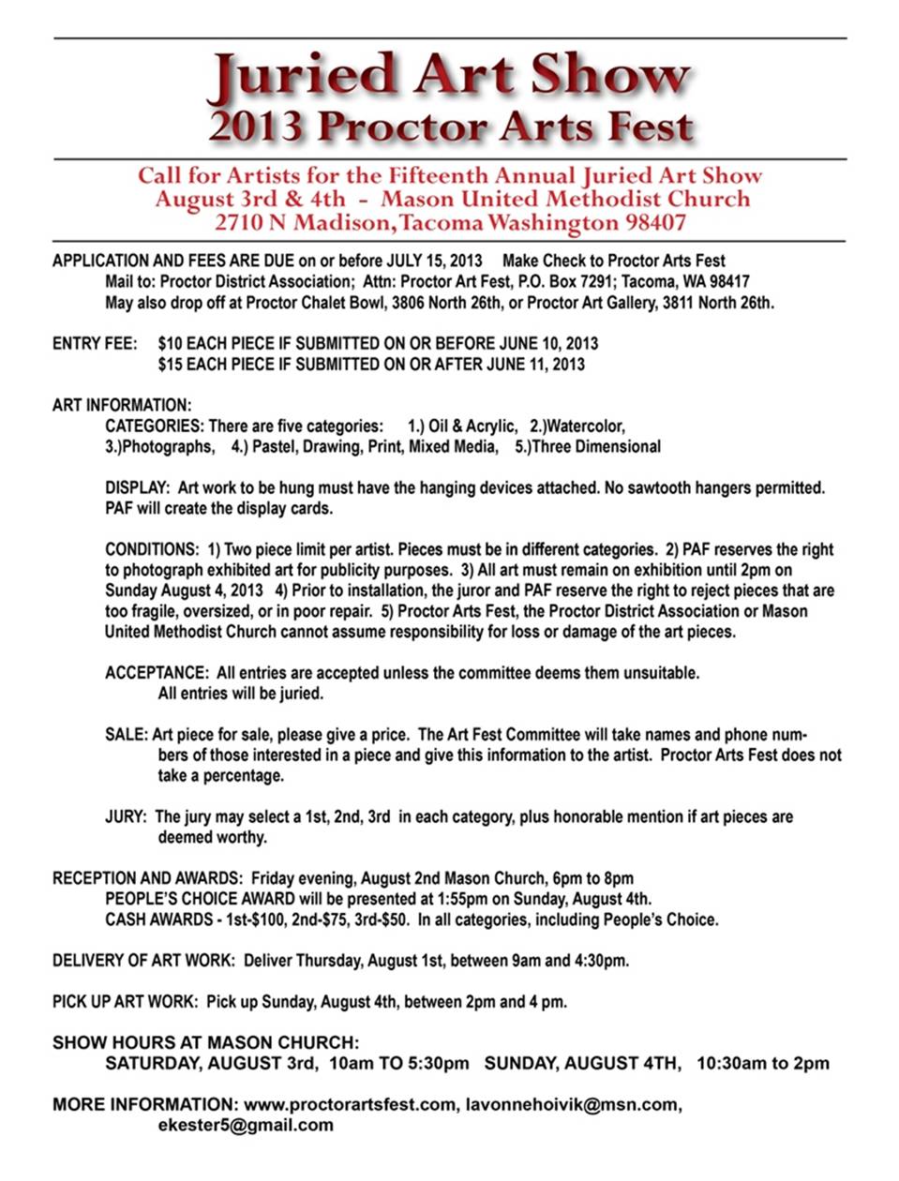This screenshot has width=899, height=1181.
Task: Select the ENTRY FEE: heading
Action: point(95,343)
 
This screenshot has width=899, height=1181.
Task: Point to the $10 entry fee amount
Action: point(170,343)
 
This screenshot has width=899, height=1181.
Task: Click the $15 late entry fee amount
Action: point(170,364)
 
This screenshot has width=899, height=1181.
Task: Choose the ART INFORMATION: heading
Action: point(122,405)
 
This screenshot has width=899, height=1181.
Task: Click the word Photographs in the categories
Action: point(159,446)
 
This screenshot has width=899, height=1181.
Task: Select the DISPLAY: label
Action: point(137,487)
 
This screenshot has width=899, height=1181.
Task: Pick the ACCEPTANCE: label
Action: point(156,672)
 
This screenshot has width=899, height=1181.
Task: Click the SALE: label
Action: point(126,734)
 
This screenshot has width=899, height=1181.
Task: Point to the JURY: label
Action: point(126,816)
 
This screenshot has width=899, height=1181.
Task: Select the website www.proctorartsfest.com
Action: point(351,1104)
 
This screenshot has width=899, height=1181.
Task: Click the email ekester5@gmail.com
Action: point(246,1125)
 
